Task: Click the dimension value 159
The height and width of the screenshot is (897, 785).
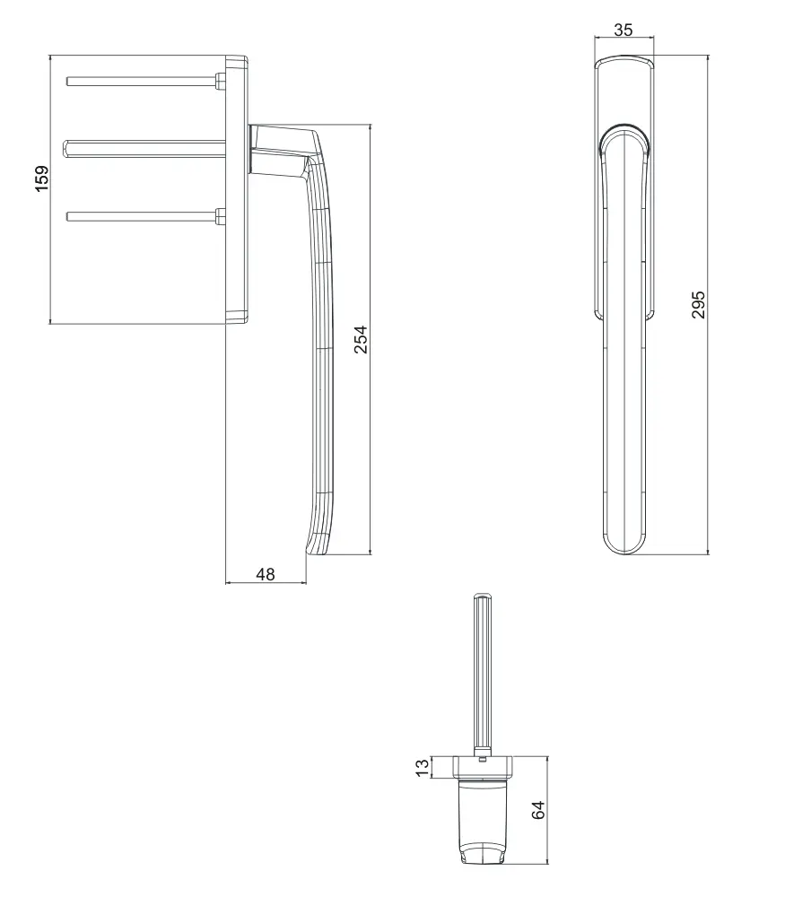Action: (x=42, y=179)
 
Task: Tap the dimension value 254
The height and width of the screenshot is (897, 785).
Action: (x=361, y=340)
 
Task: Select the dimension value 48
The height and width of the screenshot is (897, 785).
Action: (x=265, y=574)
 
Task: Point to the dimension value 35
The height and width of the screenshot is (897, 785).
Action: (x=624, y=30)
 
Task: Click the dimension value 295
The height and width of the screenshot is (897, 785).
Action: (x=699, y=304)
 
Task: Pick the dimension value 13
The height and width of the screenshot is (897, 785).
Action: (x=422, y=767)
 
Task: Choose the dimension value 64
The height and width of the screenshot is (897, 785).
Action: (x=537, y=810)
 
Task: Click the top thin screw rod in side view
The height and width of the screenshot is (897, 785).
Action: (x=141, y=82)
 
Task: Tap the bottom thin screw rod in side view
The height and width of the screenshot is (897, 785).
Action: (x=141, y=216)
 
